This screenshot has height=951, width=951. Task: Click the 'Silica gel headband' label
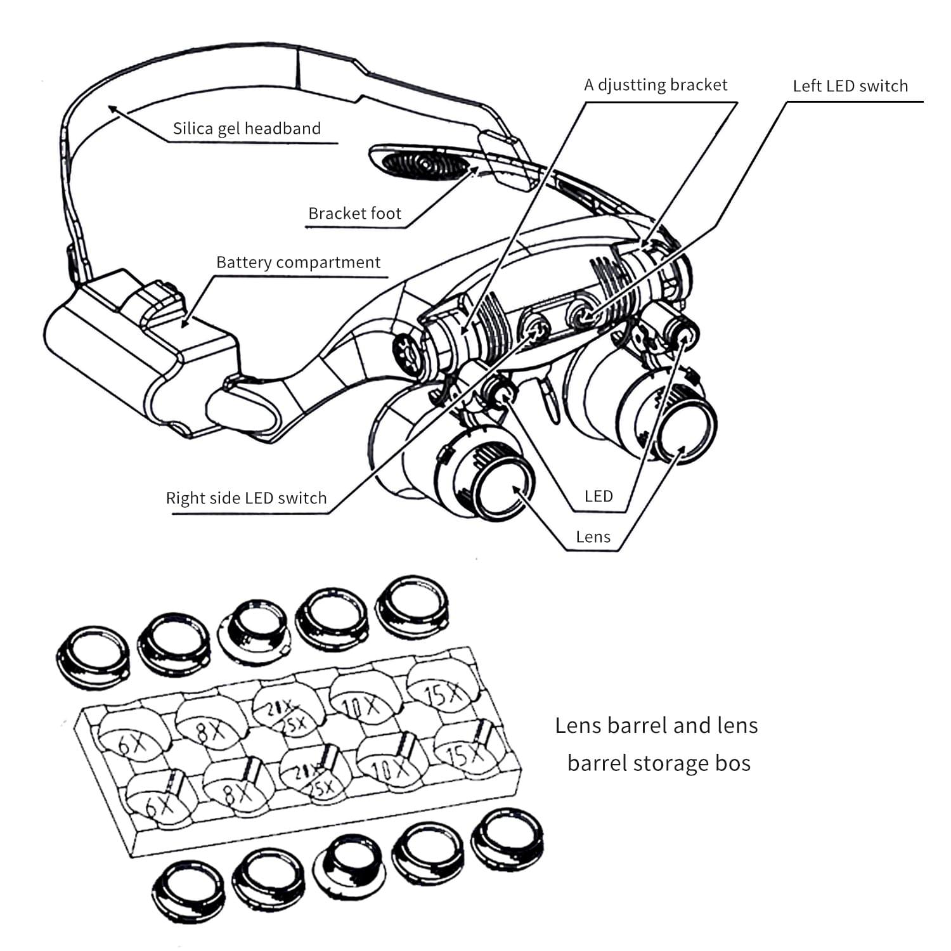pos(247,129)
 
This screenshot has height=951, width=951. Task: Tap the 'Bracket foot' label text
pos(354,214)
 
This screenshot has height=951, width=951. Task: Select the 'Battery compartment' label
pos(298,262)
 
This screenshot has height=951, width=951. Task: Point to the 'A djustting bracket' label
pos(656,85)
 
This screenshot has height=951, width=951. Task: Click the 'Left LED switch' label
pos(850,86)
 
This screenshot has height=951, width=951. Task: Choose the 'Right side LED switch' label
pos(246,498)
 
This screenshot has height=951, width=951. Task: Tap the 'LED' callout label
pos(598,496)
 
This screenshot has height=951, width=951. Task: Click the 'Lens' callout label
pos(593,537)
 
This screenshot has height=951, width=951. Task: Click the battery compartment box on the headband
pos(139,342)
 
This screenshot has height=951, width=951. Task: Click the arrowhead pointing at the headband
pos(112,109)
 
